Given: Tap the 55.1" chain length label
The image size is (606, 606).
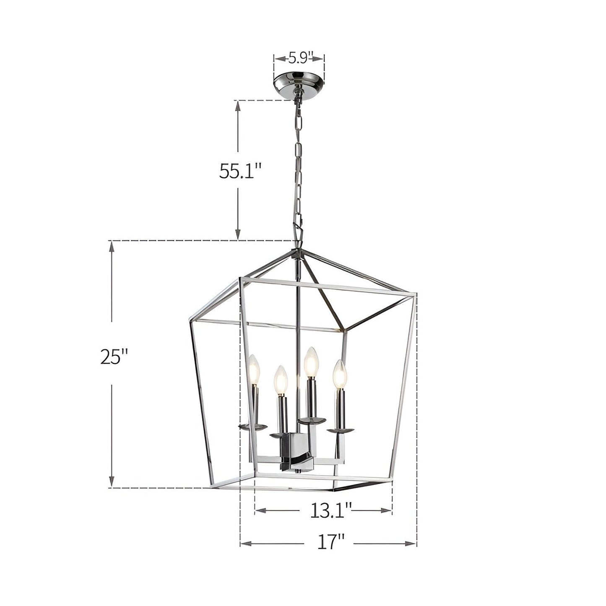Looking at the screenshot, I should click(240, 171).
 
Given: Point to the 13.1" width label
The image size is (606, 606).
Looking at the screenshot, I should click(330, 510).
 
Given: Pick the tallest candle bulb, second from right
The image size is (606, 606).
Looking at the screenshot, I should click(310, 362).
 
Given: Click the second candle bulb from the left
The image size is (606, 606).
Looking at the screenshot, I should click(281, 379).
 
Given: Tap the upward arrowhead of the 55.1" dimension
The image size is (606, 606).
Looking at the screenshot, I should click(238, 105).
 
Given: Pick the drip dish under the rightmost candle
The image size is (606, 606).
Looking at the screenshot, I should click(340, 431).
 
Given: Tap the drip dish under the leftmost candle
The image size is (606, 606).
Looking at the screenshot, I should click(253, 427).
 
